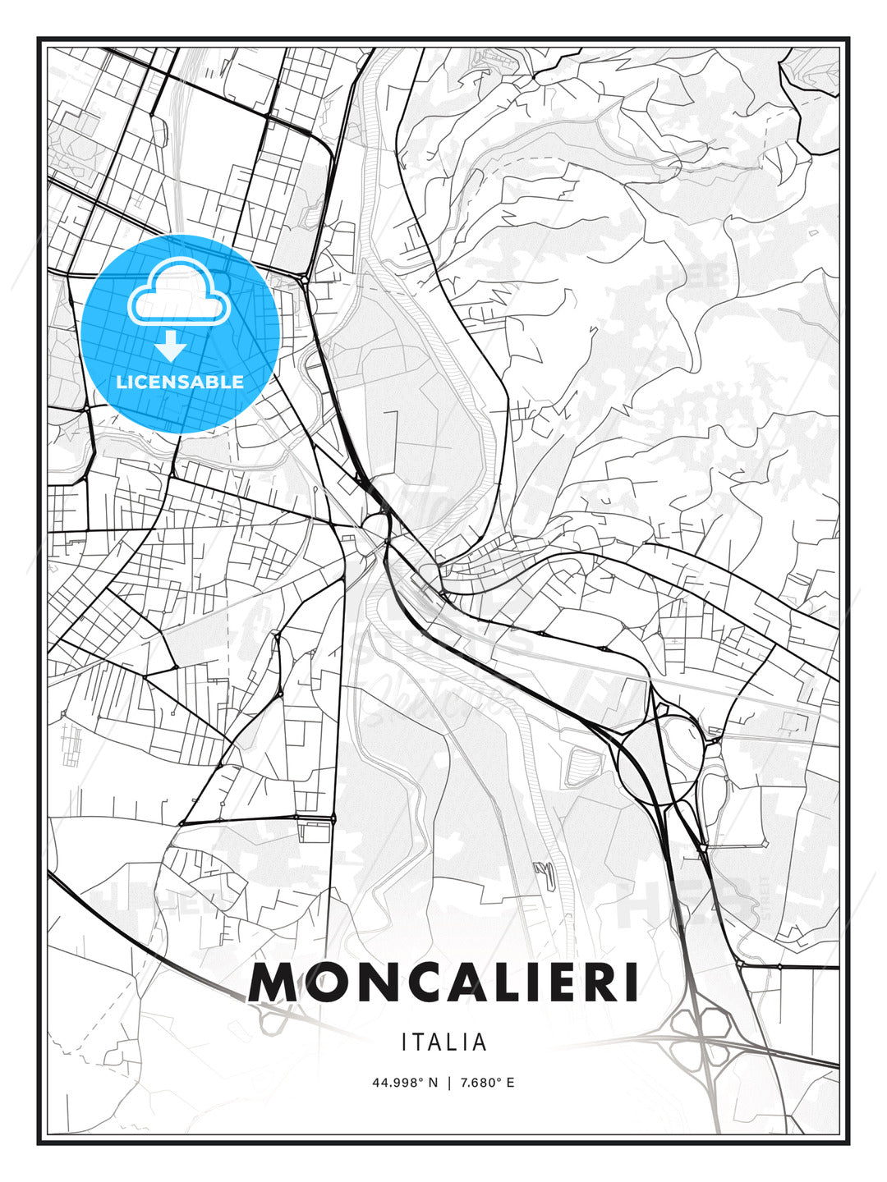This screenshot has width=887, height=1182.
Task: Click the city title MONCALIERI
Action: pyautogui.click(x=443, y=983)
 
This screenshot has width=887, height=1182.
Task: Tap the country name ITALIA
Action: pyautogui.click(x=444, y=1042)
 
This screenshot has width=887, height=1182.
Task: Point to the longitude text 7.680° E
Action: pyautogui.click(x=487, y=1083)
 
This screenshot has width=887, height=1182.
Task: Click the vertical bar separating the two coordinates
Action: pyautogui.click(x=448, y=1083)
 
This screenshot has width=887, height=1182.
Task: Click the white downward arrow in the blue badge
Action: pyautogui.click(x=171, y=346)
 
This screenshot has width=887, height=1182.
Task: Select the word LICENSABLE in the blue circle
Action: pyautogui.click(x=180, y=382)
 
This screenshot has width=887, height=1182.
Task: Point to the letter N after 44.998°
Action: pyautogui.click(x=434, y=1083)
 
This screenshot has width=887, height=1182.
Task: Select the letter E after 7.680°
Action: pyautogui.click(x=510, y=1083)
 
